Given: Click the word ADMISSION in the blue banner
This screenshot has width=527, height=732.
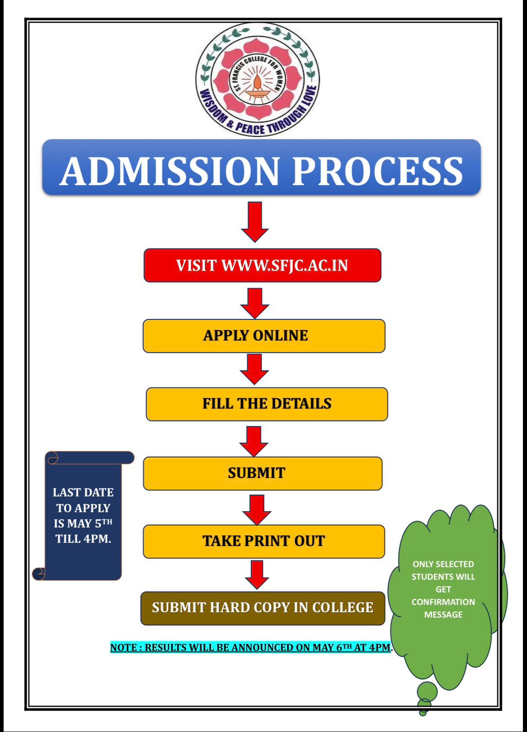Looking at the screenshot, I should (x=169, y=171).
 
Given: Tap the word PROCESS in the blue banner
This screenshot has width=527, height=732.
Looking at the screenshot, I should (x=377, y=171).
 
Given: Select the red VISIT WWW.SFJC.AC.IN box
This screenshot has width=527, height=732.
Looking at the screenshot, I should (x=262, y=265).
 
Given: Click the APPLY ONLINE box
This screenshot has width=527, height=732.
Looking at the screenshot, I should (x=263, y=336).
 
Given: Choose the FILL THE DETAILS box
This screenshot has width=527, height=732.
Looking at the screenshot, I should (x=267, y=404).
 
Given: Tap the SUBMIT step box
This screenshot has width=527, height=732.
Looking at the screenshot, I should (x=262, y=473).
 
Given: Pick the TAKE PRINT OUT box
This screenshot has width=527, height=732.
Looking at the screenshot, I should (x=263, y=541).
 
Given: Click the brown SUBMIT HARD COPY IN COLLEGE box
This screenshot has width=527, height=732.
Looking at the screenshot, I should (x=263, y=608).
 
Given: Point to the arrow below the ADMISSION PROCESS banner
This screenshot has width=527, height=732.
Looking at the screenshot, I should (x=255, y=221).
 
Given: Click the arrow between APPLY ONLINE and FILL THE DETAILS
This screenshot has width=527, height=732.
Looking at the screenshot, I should (x=255, y=369).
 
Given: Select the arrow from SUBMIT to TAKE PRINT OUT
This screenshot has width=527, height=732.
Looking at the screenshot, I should (x=257, y=509).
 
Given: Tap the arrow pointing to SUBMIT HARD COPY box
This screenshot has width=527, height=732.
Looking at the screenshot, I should (x=257, y=575).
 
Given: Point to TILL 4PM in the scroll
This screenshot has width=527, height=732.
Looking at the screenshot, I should (x=83, y=539).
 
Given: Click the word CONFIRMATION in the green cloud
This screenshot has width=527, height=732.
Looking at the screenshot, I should (x=443, y=602).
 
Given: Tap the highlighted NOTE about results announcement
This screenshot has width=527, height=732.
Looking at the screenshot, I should (x=251, y=647).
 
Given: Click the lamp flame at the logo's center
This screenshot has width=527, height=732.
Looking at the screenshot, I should (x=258, y=82).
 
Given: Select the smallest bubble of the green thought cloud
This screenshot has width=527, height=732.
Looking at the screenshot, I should (x=423, y=712).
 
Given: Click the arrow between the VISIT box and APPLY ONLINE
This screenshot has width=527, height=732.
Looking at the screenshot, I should (x=255, y=303).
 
